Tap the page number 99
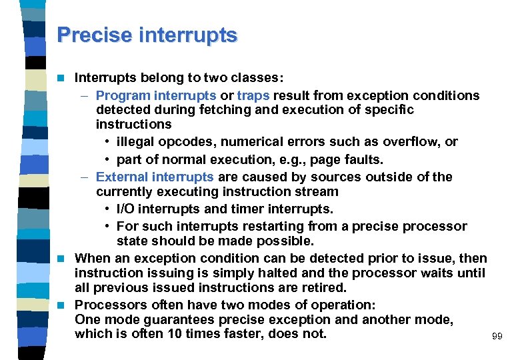[x=497, y=337]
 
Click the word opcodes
[x=187, y=142]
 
